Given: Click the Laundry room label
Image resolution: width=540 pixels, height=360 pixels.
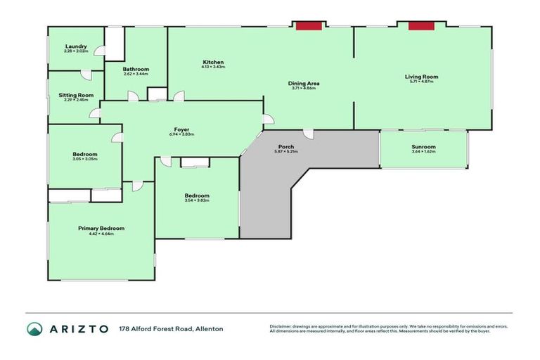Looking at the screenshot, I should click(x=76, y=46).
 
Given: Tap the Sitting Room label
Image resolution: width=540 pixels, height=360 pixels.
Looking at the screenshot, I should click(x=76, y=95).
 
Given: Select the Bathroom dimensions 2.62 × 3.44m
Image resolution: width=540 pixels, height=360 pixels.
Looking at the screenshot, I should click(x=136, y=74).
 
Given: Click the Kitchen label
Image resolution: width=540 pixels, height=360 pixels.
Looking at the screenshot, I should click(x=213, y=63).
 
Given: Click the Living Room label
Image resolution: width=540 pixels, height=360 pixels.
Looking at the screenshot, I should click(x=421, y=77).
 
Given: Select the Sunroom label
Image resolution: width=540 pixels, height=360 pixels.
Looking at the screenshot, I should click(x=423, y=147).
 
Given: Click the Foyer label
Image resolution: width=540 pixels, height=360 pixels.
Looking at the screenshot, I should click(x=181, y=129).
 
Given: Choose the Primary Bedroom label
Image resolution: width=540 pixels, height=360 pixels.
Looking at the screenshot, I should click(x=101, y=229).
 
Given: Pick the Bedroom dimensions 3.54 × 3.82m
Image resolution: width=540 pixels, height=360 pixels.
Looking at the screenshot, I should click(x=197, y=200).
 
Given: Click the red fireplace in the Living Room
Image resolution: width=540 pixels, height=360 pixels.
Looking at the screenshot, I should click(x=420, y=26).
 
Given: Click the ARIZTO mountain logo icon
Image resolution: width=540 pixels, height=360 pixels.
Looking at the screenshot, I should click(x=34, y=328).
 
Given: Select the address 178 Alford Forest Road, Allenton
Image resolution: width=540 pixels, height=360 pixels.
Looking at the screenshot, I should click(x=171, y=328).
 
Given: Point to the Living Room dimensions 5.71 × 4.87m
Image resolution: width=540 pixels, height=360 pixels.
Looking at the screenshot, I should click(x=421, y=82).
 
